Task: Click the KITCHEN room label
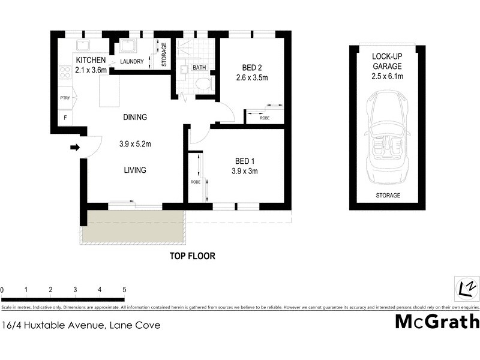click(x=91, y=61)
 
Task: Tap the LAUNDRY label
click(x=131, y=62)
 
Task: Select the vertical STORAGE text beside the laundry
click(x=164, y=53)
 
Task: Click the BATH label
click(x=199, y=68)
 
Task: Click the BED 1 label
click(x=246, y=161)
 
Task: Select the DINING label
click(x=135, y=118)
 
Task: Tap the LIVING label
click(x=135, y=170)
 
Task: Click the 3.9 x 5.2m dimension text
click(x=134, y=144)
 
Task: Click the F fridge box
click(x=65, y=117)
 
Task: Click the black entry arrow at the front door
click(x=75, y=147)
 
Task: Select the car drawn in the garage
click(x=387, y=137)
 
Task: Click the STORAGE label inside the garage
click(x=388, y=196)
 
